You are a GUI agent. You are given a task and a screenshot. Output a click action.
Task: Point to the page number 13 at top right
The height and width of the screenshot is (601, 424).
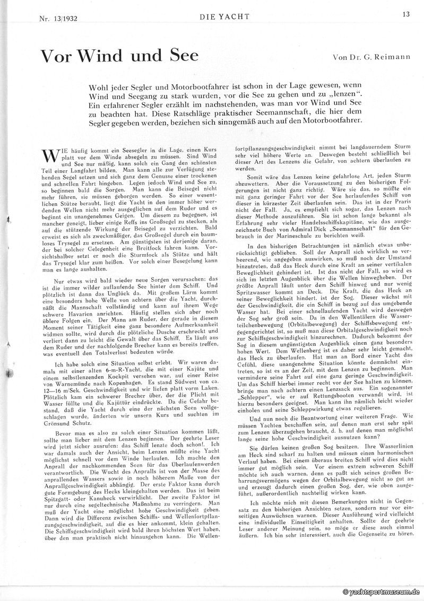coord(406,14)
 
